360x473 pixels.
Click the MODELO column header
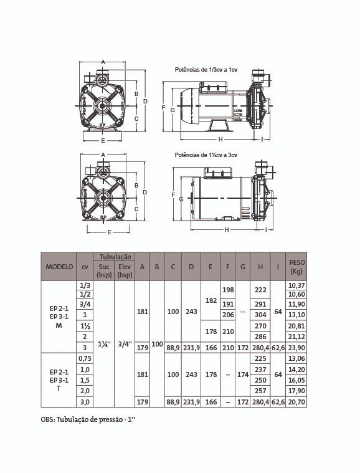59,267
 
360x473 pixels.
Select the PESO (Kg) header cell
296,267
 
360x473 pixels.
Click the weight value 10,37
296,285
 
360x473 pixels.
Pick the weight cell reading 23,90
296,348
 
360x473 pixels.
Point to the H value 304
260,315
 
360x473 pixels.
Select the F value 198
228,290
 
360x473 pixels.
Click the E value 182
211,300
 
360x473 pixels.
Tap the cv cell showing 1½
85,326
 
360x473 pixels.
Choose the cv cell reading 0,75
85,358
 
